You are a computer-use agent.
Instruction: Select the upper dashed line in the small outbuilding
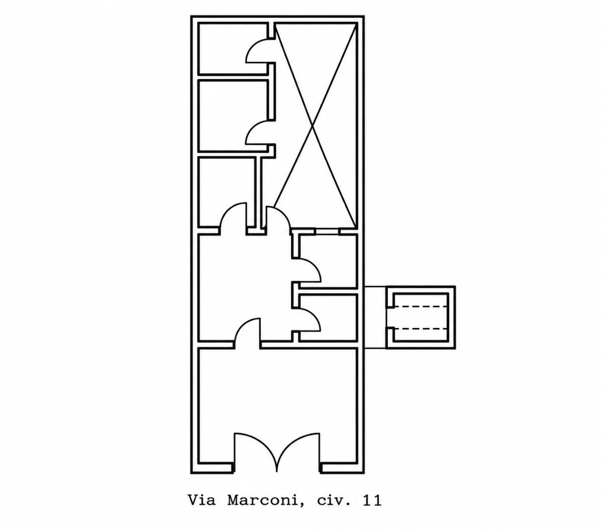(x=421, y=306)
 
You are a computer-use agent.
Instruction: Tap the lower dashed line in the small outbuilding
(x=421, y=329)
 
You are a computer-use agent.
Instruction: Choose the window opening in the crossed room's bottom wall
(x=327, y=231)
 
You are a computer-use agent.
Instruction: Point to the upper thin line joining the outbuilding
(x=375, y=286)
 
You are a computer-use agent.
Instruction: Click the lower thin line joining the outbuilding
(x=375, y=348)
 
